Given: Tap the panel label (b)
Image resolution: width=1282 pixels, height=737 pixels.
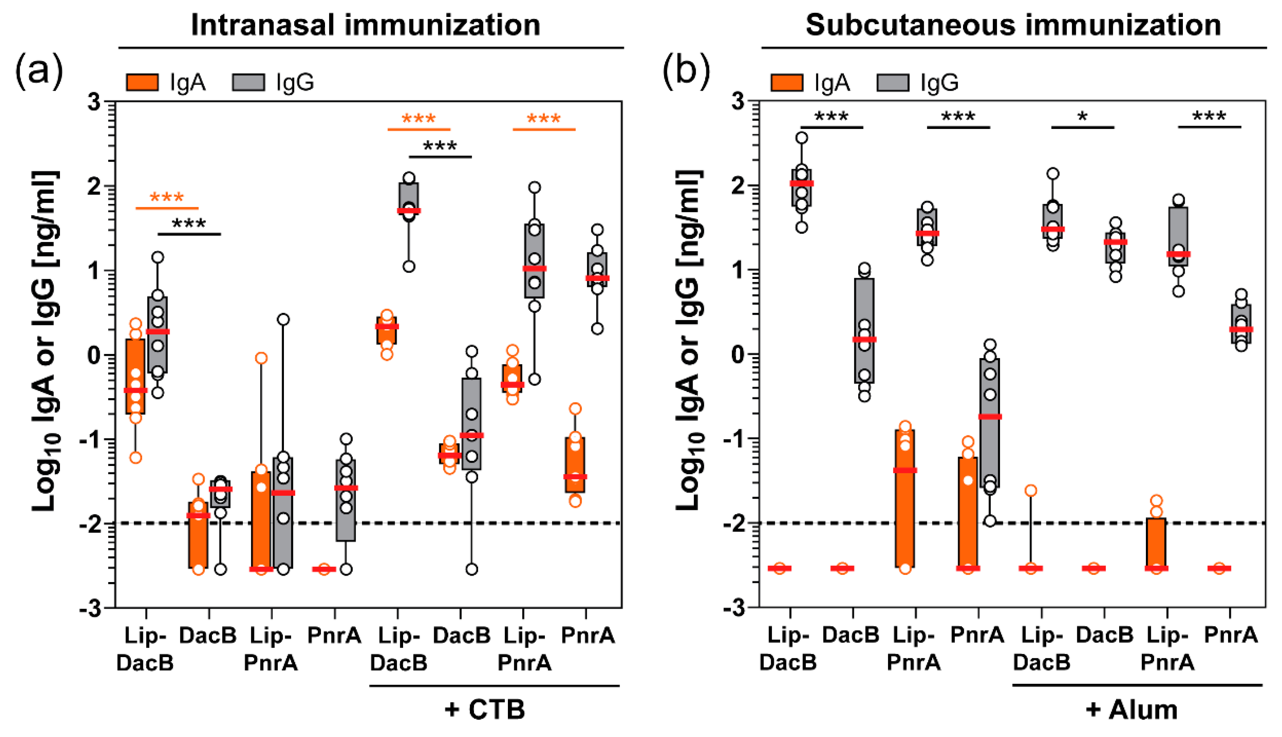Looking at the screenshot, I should (x=686, y=71).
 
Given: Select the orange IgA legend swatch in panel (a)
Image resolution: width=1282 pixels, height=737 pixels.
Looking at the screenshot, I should (x=142, y=82).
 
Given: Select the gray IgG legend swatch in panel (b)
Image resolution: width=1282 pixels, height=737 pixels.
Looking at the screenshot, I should (x=892, y=82).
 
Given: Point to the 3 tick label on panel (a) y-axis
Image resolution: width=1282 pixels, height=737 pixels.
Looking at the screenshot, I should (x=94, y=102).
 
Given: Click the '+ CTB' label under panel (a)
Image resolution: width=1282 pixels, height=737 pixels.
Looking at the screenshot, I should (x=485, y=709).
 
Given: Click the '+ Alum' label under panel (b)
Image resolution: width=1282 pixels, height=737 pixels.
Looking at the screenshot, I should (x=1132, y=709).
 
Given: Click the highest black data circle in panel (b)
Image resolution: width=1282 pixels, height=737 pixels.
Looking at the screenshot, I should (x=802, y=138).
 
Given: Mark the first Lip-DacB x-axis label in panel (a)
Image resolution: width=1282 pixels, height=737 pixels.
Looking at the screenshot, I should (x=145, y=649).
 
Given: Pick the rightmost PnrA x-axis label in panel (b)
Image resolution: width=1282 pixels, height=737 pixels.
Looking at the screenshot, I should (x=1231, y=635).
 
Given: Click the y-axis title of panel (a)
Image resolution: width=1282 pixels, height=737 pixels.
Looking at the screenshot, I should (x=46, y=342).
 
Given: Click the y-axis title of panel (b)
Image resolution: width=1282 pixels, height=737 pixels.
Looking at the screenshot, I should (x=689, y=342).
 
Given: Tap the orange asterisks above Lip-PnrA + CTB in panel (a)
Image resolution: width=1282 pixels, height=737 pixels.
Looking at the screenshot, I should (x=544, y=120).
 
